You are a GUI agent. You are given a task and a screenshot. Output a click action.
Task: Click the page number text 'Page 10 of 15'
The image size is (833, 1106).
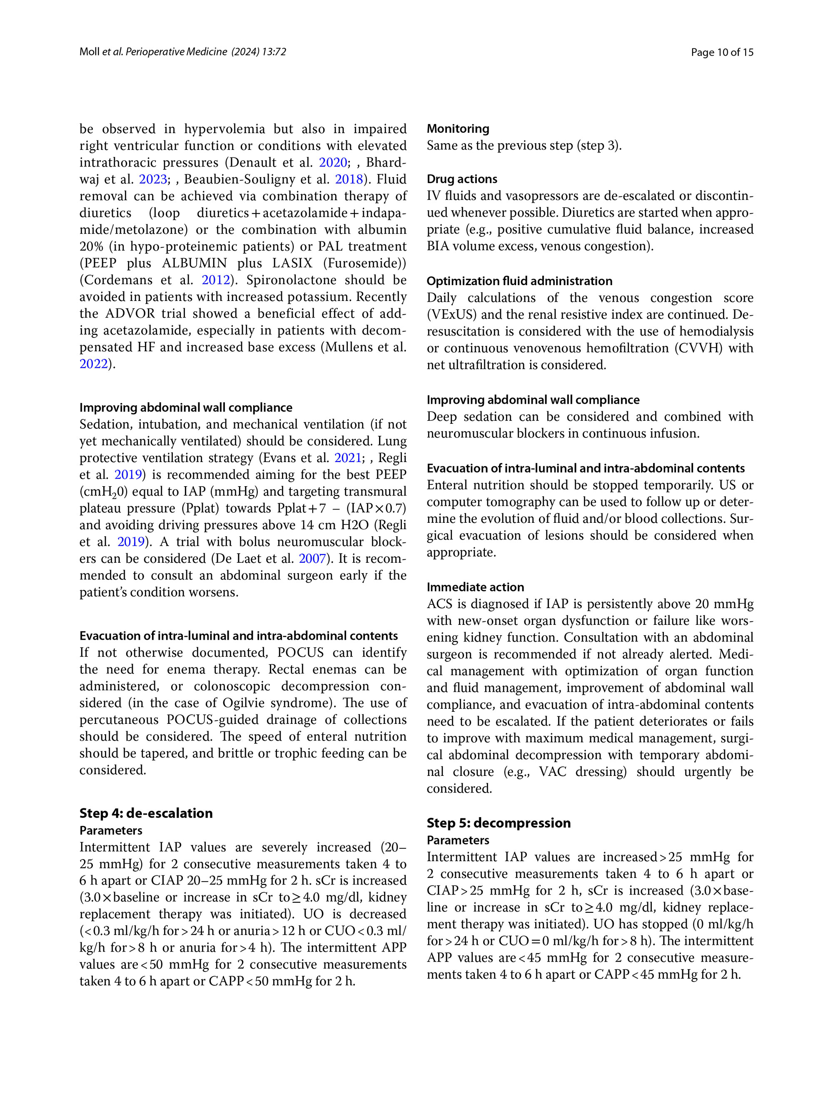coord(721,52)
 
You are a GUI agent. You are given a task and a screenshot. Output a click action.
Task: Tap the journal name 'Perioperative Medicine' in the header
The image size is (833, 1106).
coord(176,52)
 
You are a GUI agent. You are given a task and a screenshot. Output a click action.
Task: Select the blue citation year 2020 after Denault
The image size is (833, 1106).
coord(333,162)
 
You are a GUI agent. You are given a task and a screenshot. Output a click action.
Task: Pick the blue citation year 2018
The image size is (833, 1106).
coord(349,179)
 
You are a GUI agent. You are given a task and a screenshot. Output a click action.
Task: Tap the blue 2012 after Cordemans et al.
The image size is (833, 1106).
coord(216,280)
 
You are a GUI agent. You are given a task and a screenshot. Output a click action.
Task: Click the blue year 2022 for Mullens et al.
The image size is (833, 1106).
coord(94,364)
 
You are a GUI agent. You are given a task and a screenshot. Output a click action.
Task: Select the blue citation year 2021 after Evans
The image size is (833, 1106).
coord(348,458)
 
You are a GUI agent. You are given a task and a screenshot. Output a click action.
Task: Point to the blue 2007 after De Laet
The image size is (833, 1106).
coord(312,559)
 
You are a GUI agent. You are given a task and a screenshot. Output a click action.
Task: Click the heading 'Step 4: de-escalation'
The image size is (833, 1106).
coord(146,813)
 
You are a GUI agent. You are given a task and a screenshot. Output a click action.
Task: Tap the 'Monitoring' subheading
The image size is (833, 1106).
coord(458,129)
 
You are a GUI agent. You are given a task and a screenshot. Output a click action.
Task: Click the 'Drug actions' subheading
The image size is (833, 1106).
coord(462,179)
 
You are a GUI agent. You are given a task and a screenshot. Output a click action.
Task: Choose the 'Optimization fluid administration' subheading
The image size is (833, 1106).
coord(519,281)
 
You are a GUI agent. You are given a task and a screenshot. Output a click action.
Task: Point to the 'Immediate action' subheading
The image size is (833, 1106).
coord(475,587)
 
